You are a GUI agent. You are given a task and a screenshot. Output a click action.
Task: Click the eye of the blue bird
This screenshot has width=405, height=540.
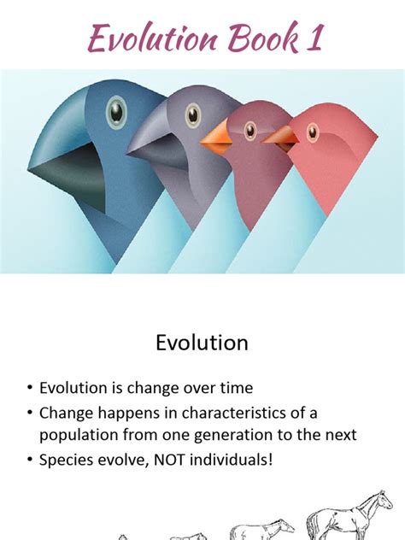pos(116,111)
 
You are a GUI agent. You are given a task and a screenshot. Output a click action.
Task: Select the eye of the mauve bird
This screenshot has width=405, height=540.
pos(250,130)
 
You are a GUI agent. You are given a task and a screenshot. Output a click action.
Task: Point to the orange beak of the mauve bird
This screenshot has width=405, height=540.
pos(217,138)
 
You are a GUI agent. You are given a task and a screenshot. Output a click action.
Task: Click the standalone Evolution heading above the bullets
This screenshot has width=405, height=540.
pos(202,343)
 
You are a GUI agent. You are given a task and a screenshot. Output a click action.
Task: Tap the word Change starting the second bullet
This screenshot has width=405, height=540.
pos(67,413)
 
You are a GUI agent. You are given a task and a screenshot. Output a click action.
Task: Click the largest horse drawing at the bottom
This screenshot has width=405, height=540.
pos(350,516)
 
